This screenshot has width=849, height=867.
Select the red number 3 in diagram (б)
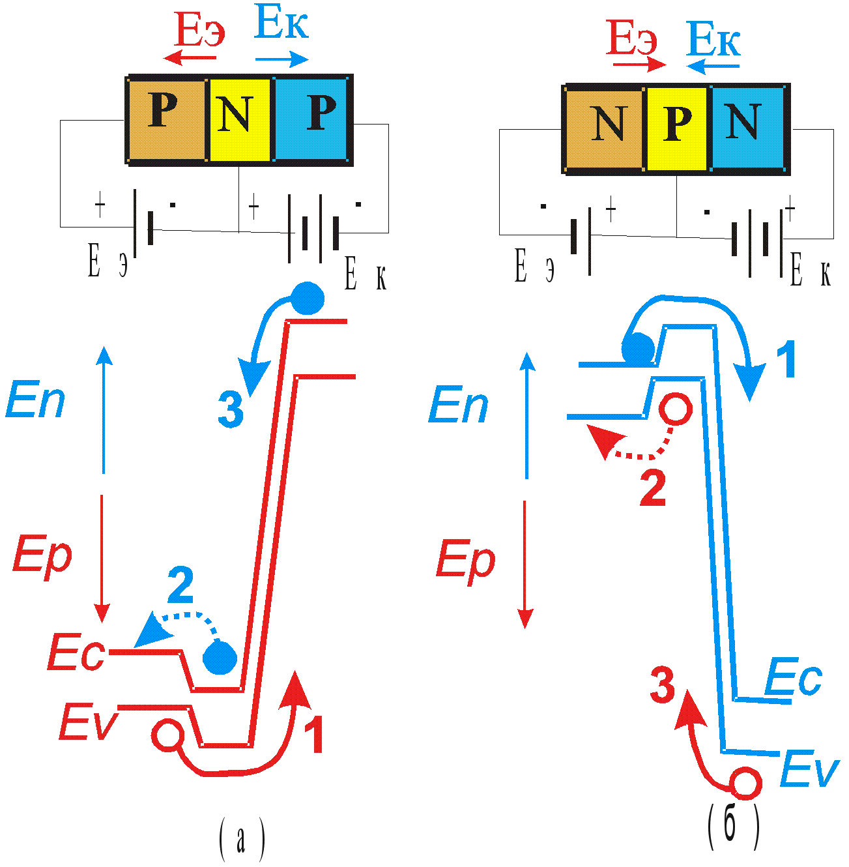coord(663,685)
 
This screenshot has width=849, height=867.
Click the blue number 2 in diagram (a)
coord(180,586)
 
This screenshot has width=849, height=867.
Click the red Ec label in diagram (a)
coord(77,654)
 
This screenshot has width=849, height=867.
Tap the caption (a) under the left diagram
coord(242,840)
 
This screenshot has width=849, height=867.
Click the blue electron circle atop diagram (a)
coord(307,299)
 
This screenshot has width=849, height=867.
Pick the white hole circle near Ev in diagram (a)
coord(167,735)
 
